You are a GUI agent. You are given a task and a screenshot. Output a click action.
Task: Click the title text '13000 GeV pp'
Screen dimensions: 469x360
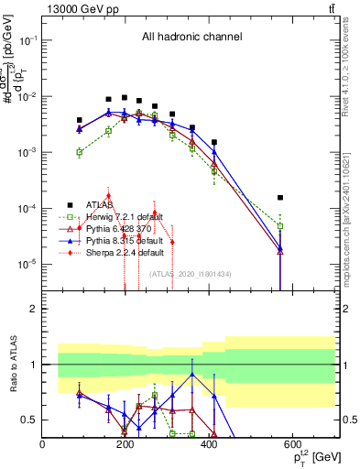[78, 8]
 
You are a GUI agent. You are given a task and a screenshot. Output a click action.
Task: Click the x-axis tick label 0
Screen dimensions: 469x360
[43, 444]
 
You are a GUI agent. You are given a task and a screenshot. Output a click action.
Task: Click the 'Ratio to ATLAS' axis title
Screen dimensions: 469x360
[14, 365]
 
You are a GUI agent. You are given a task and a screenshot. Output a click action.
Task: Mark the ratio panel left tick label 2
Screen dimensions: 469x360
[33, 309]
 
